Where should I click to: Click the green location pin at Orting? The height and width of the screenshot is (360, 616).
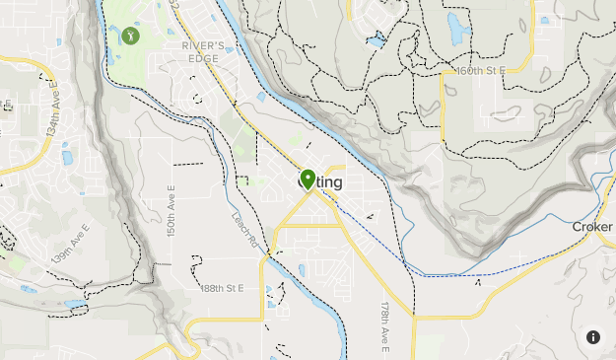coord(308,180)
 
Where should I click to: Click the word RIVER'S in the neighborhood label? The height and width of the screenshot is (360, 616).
coord(204,44)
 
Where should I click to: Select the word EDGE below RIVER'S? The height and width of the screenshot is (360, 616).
coord(204,57)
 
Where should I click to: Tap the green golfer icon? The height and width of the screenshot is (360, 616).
coord(131,36)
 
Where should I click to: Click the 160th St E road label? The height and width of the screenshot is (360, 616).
coord(480,71)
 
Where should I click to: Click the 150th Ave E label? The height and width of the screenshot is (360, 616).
coord(171,210)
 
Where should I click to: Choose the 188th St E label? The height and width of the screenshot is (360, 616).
coord(221,288)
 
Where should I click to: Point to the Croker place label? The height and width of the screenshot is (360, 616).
coord(593,227)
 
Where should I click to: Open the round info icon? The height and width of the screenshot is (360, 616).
coord(593,336)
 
